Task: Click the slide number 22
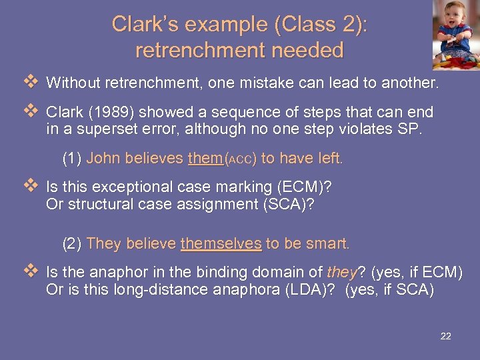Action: point(446,336)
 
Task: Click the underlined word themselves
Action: point(221,244)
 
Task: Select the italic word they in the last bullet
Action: point(342,273)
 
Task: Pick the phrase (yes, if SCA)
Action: point(389,290)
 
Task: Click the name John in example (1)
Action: point(101,159)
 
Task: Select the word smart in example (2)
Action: point(329,244)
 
